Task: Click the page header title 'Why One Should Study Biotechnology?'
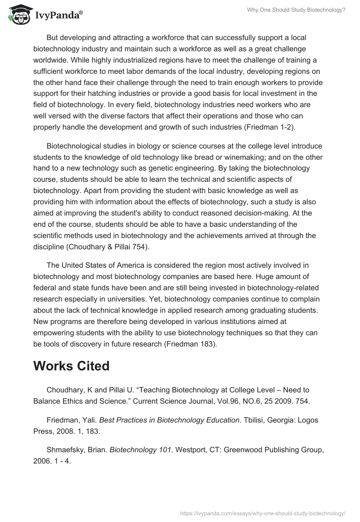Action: pyautogui.click(x=296, y=9)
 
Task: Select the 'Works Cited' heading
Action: pyautogui.click(x=71, y=366)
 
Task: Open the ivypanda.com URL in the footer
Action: pyautogui.click(x=262, y=513)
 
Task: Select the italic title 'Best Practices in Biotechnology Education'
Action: pyautogui.click(x=169, y=420)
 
